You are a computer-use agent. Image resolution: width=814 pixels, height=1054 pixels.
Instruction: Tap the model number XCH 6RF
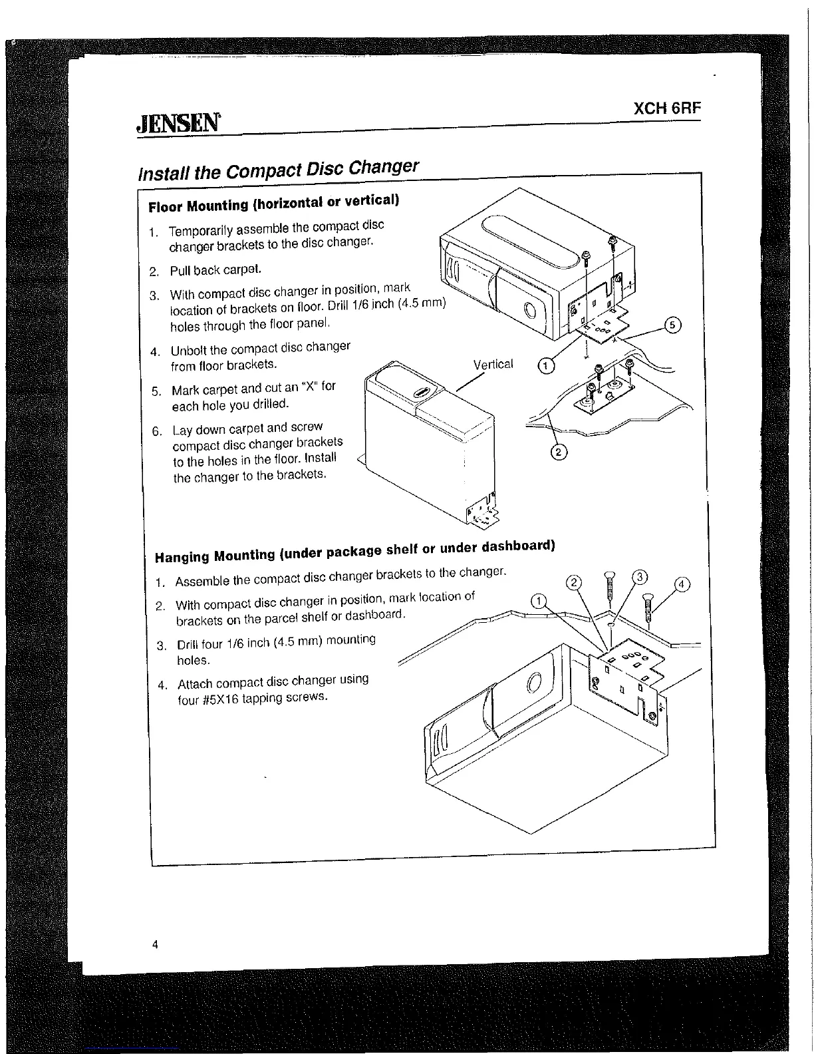click(667, 109)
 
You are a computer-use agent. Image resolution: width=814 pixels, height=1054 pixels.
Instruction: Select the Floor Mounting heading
click(273, 203)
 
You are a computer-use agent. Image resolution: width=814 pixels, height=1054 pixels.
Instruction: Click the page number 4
click(155, 944)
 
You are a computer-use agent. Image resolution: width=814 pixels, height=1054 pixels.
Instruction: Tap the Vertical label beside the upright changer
click(493, 365)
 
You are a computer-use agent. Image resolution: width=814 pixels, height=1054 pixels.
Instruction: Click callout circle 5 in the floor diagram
click(673, 325)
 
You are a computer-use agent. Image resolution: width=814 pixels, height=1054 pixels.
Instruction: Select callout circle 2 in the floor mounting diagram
click(559, 452)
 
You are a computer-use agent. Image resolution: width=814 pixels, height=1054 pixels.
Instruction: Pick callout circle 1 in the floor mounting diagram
click(545, 365)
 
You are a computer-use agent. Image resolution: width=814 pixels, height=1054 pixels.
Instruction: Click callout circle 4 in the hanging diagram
click(682, 586)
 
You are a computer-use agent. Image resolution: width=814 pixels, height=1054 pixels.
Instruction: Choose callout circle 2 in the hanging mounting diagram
click(573, 584)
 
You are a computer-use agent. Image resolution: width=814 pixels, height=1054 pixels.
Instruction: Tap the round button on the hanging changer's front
click(535, 684)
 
